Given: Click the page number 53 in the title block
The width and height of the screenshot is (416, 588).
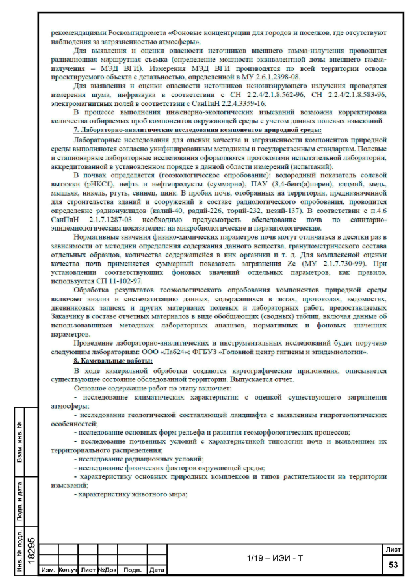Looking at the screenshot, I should pyautogui.click(x=393, y=565).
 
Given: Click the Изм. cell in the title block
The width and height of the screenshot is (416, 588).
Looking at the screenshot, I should pyautogui.click(x=47, y=570).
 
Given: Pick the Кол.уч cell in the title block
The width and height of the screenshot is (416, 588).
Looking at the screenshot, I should pyautogui.click(x=68, y=570).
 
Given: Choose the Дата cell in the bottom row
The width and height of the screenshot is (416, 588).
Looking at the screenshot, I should pyautogui.click(x=156, y=570).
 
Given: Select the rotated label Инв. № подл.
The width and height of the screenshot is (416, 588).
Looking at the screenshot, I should pyautogui.click(x=20, y=552).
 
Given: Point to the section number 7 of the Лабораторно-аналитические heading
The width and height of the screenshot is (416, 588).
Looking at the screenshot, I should pyautogui.click(x=75, y=129).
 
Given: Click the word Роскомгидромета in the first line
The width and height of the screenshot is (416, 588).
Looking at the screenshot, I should pyautogui.click(x=139, y=32).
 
